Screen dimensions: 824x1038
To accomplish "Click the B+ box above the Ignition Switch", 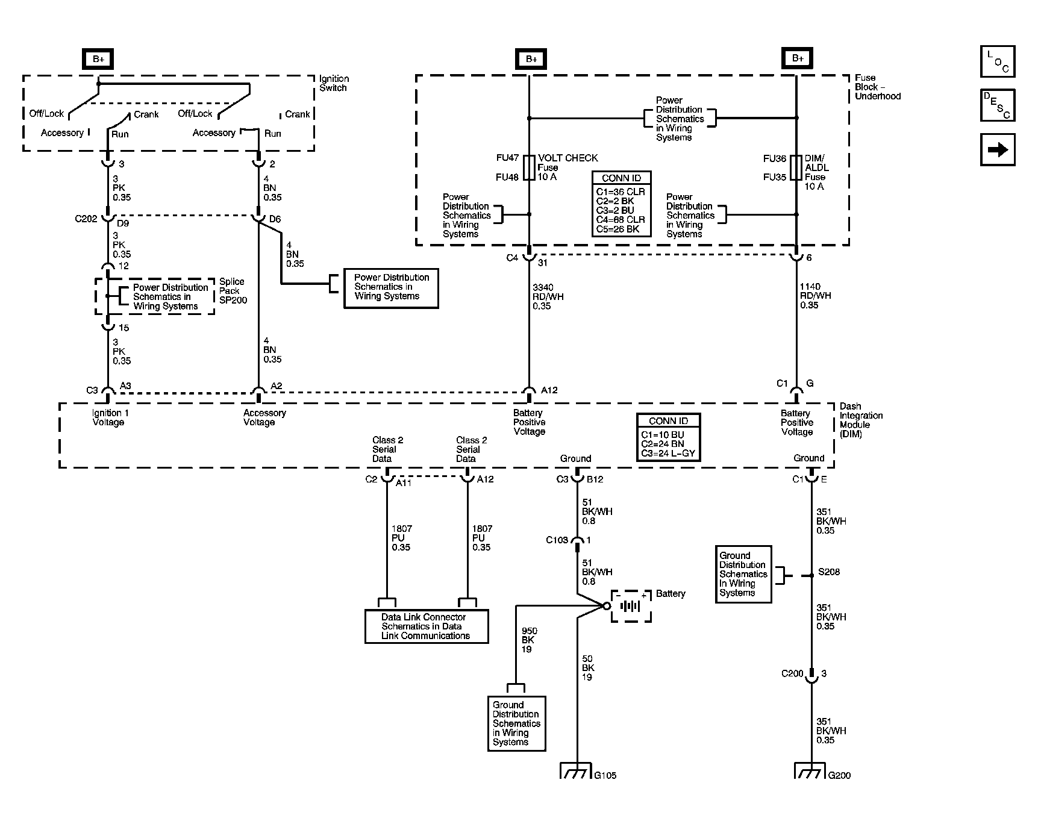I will tap(98, 59).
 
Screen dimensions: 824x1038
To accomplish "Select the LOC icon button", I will tap(997, 61).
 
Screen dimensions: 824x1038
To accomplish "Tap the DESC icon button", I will tap(997, 105).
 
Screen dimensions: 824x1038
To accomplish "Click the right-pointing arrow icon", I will tap(997, 149).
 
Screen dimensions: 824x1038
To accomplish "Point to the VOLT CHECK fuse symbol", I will tap(529, 167).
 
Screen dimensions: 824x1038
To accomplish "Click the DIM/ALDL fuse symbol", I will tap(796, 167).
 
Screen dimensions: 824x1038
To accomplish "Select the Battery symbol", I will tap(631, 606).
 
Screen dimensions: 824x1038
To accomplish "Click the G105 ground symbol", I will tap(577, 771).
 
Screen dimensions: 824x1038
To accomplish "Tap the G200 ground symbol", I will tap(810, 771).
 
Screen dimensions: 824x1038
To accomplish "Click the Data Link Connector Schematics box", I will tap(426, 626).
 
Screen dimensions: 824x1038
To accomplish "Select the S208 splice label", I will tap(829, 572).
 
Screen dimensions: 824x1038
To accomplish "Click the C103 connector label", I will tap(557, 540).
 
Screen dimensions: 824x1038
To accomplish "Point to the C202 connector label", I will tap(86, 219).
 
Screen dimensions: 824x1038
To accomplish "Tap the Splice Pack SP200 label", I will tap(233, 291).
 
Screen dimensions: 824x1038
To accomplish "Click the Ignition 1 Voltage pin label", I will tap(110, 417).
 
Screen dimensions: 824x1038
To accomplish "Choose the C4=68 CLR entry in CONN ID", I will tap(621, 220).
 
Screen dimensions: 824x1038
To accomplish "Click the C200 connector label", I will tap(792, 673).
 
